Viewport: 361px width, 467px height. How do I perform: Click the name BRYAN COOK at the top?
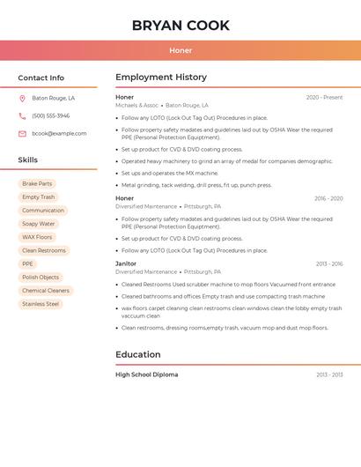point(180,26)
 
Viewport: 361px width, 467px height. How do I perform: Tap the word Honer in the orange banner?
point(180,50)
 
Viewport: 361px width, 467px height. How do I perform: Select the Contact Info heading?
point(41,78)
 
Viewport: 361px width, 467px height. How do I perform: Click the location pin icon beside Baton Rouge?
point(22,99)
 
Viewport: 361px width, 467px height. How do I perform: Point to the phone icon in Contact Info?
point(22,116)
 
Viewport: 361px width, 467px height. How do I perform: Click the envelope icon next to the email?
point(22,134)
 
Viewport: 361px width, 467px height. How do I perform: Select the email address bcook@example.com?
point(59,134)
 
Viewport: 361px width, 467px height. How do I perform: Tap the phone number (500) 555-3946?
point(50,116)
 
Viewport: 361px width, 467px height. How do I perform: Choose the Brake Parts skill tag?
point(37,184)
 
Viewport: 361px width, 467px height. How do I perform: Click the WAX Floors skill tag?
point(37,237)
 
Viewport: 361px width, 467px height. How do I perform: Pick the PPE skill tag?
point(27,264)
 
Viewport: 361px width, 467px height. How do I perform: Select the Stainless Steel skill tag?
point(41,304)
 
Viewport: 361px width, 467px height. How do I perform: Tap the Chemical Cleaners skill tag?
point(46,291)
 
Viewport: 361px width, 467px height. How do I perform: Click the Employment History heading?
point(161,78)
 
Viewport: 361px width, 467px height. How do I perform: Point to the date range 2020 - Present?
point(324,98)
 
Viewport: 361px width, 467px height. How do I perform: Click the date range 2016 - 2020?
point(328,199)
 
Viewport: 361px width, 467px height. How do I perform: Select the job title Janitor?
point(126,263)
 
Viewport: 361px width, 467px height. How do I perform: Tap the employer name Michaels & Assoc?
point(137,105)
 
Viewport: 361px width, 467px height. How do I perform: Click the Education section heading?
point(138,355)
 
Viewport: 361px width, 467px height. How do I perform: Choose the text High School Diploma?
point(146,375)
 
